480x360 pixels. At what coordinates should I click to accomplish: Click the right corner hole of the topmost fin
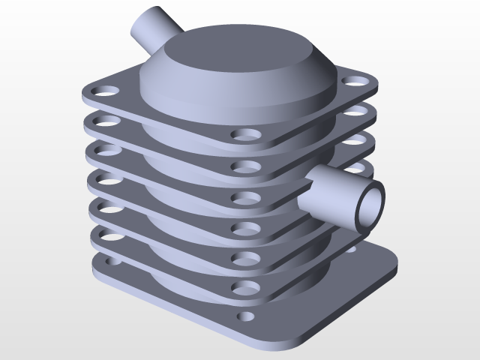[350, 80]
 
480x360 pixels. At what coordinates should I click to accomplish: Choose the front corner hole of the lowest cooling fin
[243, 287]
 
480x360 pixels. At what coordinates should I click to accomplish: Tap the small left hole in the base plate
[112, 264]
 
